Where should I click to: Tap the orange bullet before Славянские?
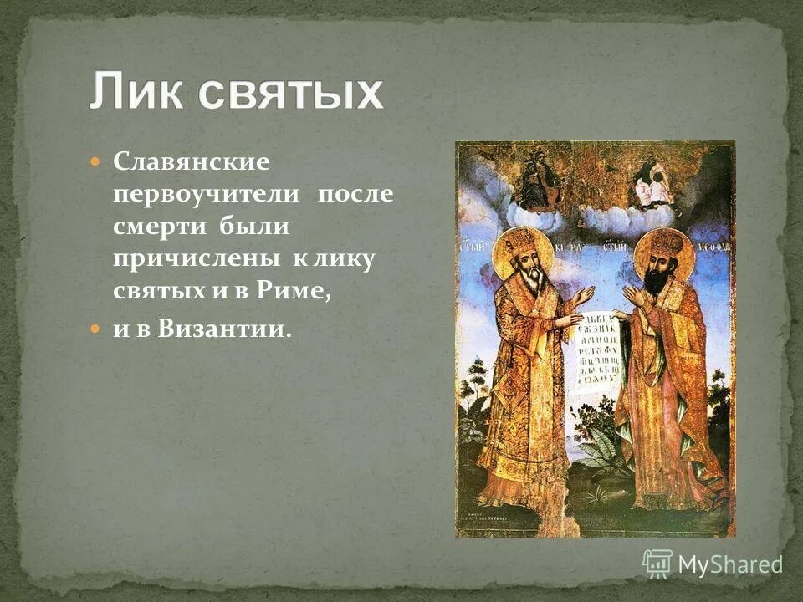[x=95, y=159]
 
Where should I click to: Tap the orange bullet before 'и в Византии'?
[x=95, y=329]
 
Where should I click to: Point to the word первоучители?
[x=207, y=193]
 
